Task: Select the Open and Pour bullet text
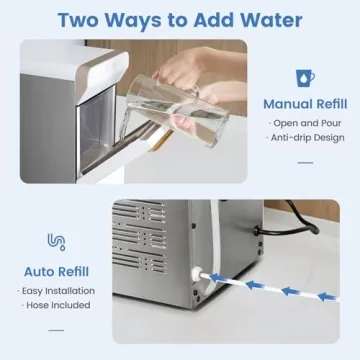tap(305, 123)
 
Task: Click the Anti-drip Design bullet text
tap(305, 138)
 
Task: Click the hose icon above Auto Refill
tap(56, 241)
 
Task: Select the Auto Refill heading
tap(57, 269)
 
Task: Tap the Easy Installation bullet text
tap(58, 289)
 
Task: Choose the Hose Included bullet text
tap(58, 304)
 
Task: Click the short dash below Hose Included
tap(57, 326)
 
